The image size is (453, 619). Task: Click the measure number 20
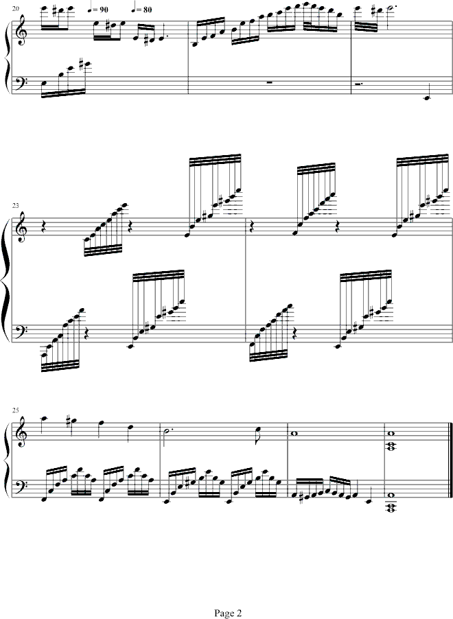click(x=14, y=8)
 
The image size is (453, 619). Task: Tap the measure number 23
click(x=14, y=205)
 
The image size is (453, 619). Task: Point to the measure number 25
click(x=14, y=410)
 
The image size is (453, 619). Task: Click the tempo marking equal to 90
click(x=98, y=10)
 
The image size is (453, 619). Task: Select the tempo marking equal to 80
click(x=141, y=10)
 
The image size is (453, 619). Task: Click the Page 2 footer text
click(x=228, y=613)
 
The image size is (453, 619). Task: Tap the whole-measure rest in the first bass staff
click(x=270, y=83)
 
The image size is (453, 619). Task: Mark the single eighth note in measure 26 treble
click(x=269, y=430)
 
